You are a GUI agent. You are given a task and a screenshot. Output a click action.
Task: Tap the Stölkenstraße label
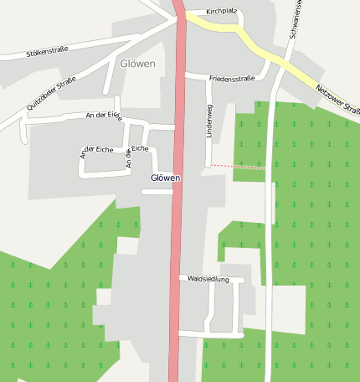pos(47,53)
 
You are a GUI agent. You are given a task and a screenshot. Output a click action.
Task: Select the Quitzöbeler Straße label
pos(51,93)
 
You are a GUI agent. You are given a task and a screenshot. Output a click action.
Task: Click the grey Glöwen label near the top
pos(137,65)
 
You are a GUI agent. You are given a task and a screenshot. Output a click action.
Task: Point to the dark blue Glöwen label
pos(165,178)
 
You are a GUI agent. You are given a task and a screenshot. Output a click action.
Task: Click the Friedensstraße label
pos(232,78)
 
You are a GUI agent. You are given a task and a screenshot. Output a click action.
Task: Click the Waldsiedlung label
pos(208,279)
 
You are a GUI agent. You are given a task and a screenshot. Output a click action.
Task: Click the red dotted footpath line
pos(239,167)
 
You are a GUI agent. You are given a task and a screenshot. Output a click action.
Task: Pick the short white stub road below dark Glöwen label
pos(157,192)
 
